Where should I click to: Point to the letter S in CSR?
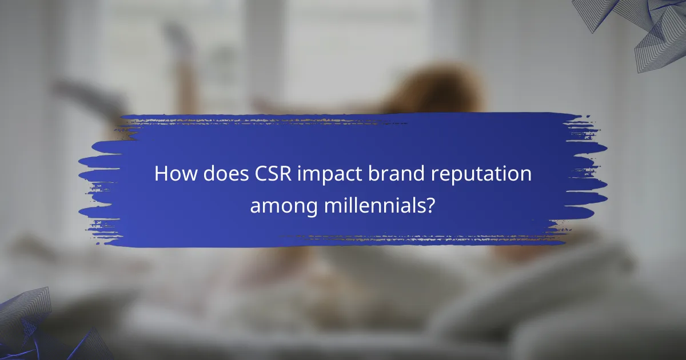(x=270, y=174)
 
